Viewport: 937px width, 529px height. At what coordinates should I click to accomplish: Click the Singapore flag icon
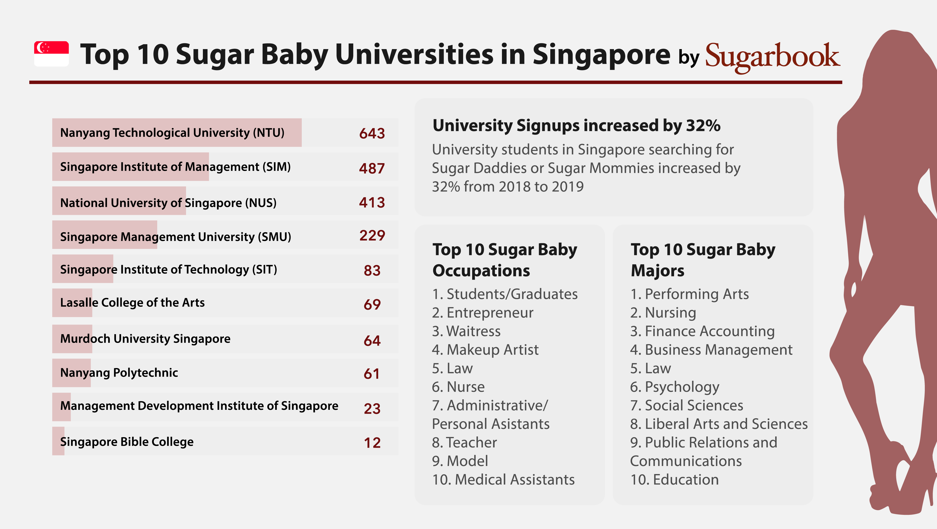tap(51, 54)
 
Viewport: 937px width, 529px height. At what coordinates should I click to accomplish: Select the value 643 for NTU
tap(372, 133)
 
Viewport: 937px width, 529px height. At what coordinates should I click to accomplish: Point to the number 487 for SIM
tap(372, 168)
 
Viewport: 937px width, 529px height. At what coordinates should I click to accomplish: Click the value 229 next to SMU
tap(372, 235)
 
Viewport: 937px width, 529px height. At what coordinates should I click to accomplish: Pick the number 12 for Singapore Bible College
tap(372, 442)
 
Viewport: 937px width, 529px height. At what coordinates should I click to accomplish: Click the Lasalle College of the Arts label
tap(132, 302)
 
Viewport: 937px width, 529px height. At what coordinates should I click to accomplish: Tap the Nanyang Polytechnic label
tap(119, 372)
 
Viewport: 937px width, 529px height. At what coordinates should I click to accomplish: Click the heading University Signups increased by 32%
tap(576, 126)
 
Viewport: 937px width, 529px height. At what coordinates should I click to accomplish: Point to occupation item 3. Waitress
tap(466, 331)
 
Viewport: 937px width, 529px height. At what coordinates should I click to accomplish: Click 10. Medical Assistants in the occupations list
tap(503, 479)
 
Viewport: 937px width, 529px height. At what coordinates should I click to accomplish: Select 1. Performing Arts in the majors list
tap(689, 294)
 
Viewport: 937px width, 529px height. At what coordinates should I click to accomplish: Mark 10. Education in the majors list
tap(674, 479)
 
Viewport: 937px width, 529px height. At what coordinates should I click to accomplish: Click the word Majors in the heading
tap(657, 271)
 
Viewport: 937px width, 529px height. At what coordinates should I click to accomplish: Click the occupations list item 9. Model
tap(460, 461)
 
